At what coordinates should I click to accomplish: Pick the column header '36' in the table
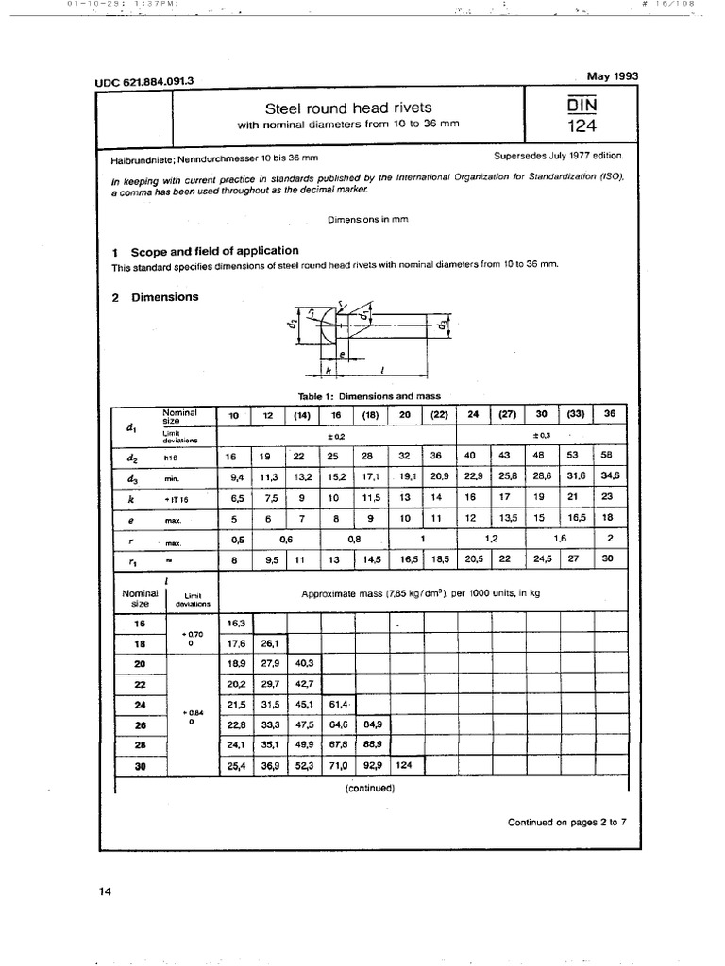[x=610, y=415]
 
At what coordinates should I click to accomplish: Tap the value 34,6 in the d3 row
[x=609, y=476]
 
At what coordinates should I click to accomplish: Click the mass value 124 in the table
[x=404, y=764]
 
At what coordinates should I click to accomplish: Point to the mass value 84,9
[x=371, y=724]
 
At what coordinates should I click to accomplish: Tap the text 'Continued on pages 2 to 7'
[x=566, y=822]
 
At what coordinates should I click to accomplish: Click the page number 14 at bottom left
[x=105, y=891]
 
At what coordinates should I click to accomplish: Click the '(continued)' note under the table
[x=369, y=787]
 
